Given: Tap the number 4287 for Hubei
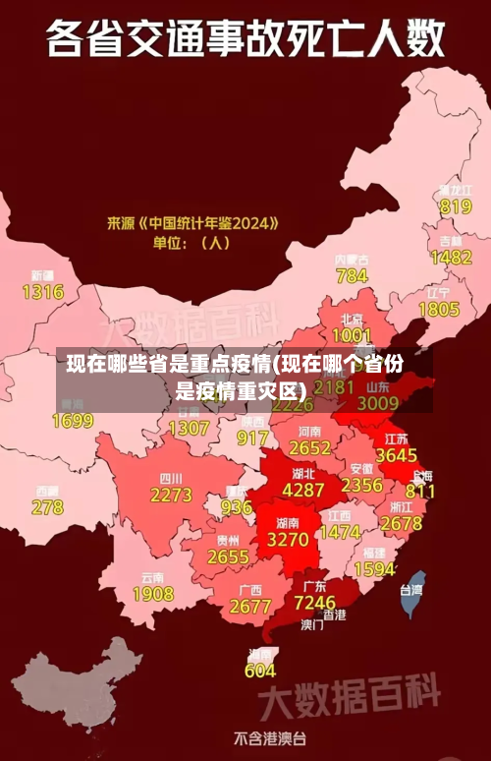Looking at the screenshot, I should (303, 489).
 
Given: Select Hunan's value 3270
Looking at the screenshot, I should (288, 540).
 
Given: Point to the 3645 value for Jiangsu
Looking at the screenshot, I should (397, 455).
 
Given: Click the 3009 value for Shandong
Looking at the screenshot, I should (377, 402).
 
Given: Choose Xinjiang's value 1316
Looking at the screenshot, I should (42, 291).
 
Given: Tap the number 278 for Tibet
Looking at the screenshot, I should (47, 507).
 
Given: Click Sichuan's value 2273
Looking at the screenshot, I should (171, 495).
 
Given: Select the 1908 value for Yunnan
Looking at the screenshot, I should (152, 594).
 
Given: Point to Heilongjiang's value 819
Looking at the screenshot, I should (456, 206).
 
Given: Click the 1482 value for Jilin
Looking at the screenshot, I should (451, 257).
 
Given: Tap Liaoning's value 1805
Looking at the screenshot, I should (439, 309).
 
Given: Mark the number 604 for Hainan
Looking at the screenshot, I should (260, 671).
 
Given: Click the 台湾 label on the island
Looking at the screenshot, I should (410, 590).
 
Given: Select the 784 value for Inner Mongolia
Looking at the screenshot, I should (352, 275).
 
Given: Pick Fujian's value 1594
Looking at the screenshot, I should (374, 568).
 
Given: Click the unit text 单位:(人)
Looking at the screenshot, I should (190, 242).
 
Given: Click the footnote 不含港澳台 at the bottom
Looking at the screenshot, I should (269, 737).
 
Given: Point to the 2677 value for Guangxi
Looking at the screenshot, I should (249, 607).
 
